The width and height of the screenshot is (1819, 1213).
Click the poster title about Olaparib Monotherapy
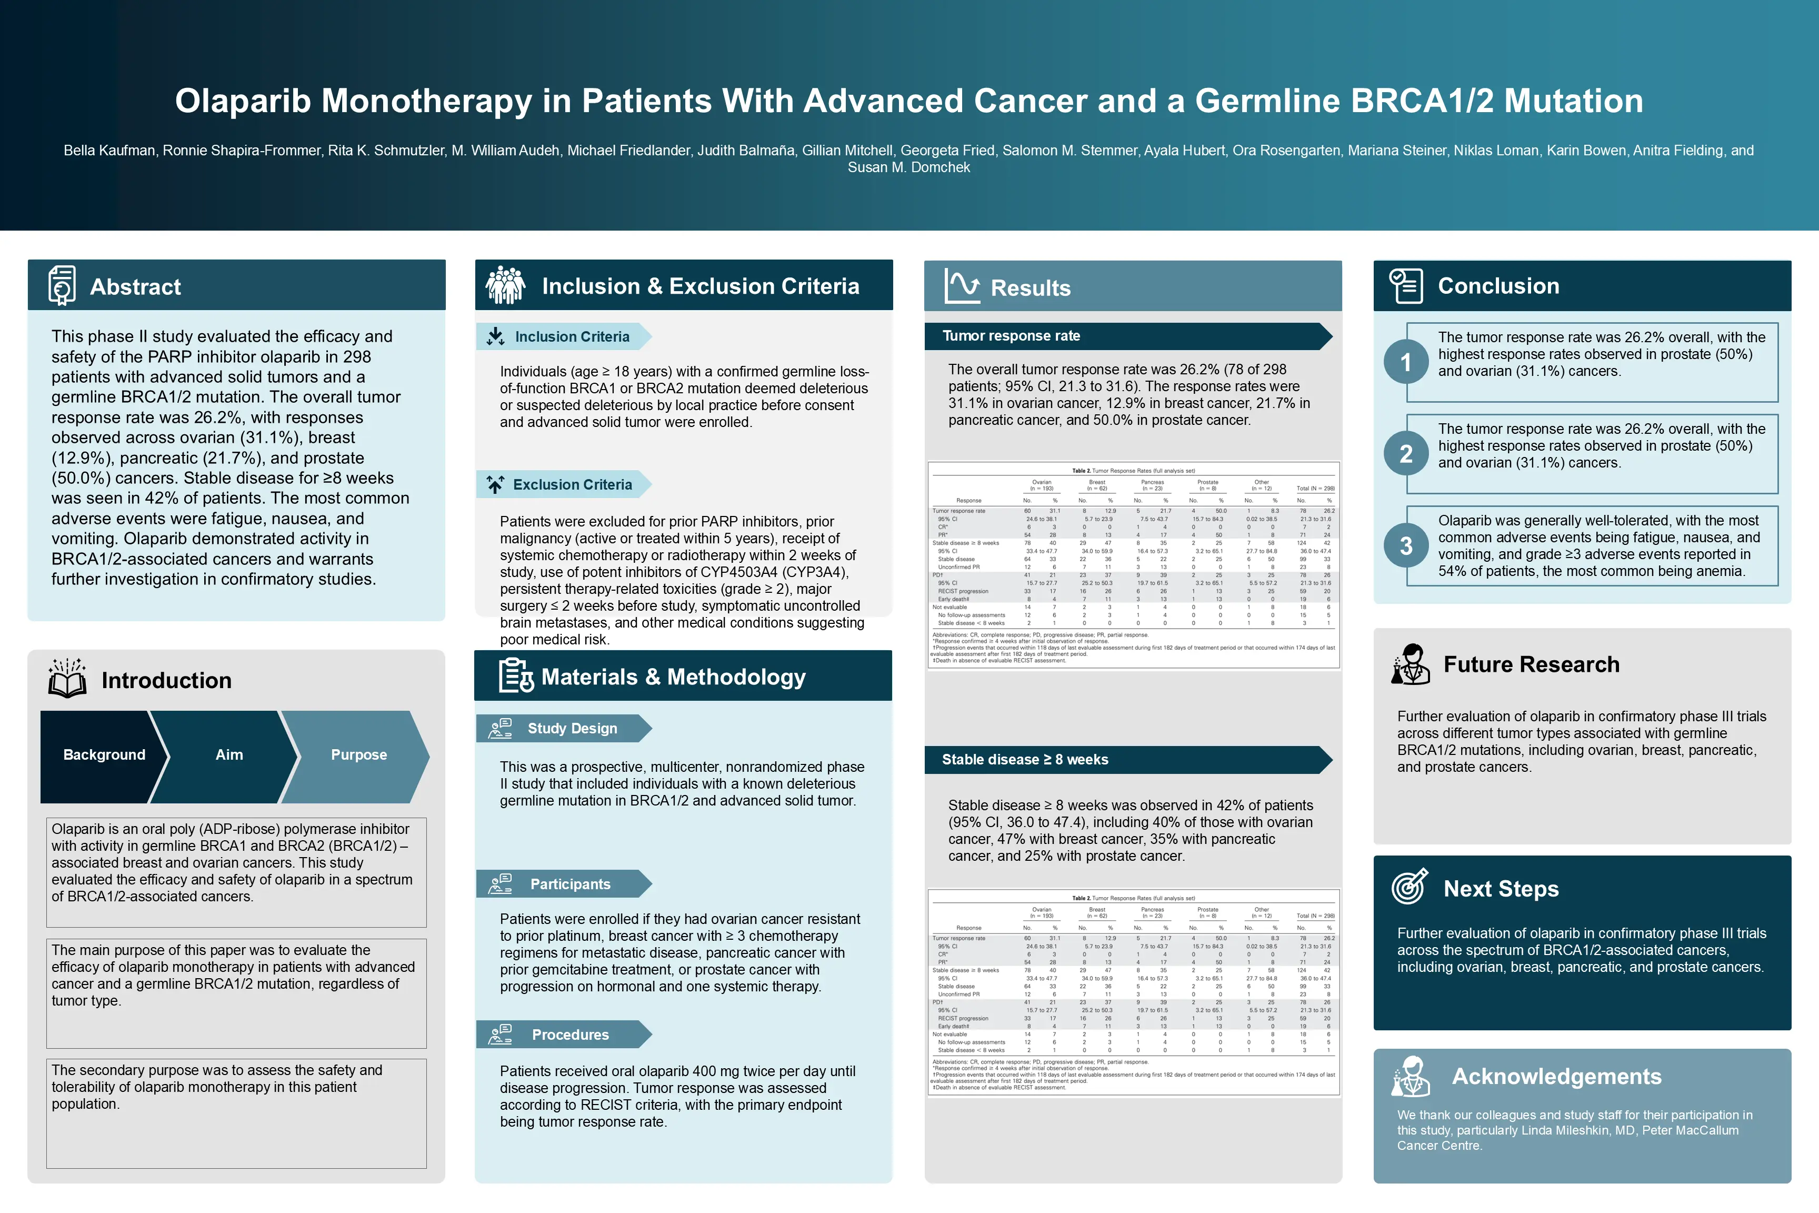909,101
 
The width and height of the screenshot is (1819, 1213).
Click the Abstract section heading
135,287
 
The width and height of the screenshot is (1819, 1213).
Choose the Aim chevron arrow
229,755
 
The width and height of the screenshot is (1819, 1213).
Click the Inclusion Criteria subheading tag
572,336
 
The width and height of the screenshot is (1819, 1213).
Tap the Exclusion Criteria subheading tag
572,485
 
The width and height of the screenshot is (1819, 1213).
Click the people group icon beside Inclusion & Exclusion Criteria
505,285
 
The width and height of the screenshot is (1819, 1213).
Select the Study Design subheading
572,729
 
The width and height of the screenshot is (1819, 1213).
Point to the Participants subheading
570,884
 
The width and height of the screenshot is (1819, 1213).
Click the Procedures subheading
570,1035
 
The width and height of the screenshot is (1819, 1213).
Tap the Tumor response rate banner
1127,336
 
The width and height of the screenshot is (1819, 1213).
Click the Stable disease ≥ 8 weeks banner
1127,760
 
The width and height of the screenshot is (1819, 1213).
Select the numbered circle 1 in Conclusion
1406,362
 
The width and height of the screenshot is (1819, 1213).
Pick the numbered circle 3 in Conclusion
1406,546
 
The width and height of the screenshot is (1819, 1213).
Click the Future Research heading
1531,664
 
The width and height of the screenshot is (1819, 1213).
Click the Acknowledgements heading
1556,1076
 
